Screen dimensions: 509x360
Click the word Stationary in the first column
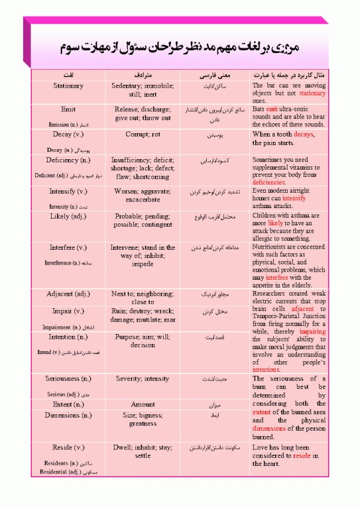pos(68,85)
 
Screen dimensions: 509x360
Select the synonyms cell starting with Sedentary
pos(142,90)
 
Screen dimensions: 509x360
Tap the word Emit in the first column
pos(68,109)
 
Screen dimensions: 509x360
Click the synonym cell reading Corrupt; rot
pos(143,134)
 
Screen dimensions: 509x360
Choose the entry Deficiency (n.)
pos(68,160)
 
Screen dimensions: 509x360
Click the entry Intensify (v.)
pos(68,191)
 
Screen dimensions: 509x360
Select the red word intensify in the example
pos(294,198)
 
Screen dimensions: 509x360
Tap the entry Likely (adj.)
pos(68,216)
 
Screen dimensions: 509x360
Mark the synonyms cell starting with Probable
pos(143,221)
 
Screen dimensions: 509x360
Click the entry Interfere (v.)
pos(68,247)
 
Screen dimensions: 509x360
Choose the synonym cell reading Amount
pos(143,404)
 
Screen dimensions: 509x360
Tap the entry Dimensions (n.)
pos(68,415)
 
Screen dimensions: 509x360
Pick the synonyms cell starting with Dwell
pos(143,451)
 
